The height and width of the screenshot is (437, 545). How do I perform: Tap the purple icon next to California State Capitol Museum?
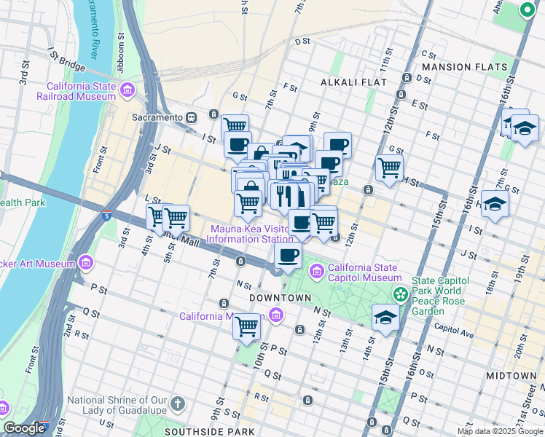317,272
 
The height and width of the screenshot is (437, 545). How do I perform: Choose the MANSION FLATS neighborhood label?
463,67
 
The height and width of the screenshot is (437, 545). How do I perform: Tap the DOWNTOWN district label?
281,299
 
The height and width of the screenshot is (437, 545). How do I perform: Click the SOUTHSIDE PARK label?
219,431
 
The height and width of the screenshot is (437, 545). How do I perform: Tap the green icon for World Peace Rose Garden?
400,294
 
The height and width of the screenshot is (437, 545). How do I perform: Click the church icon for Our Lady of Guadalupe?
176,403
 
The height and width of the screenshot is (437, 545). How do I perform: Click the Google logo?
24,428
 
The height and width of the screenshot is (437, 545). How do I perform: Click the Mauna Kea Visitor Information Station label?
251,233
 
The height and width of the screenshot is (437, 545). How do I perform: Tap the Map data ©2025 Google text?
499,431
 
